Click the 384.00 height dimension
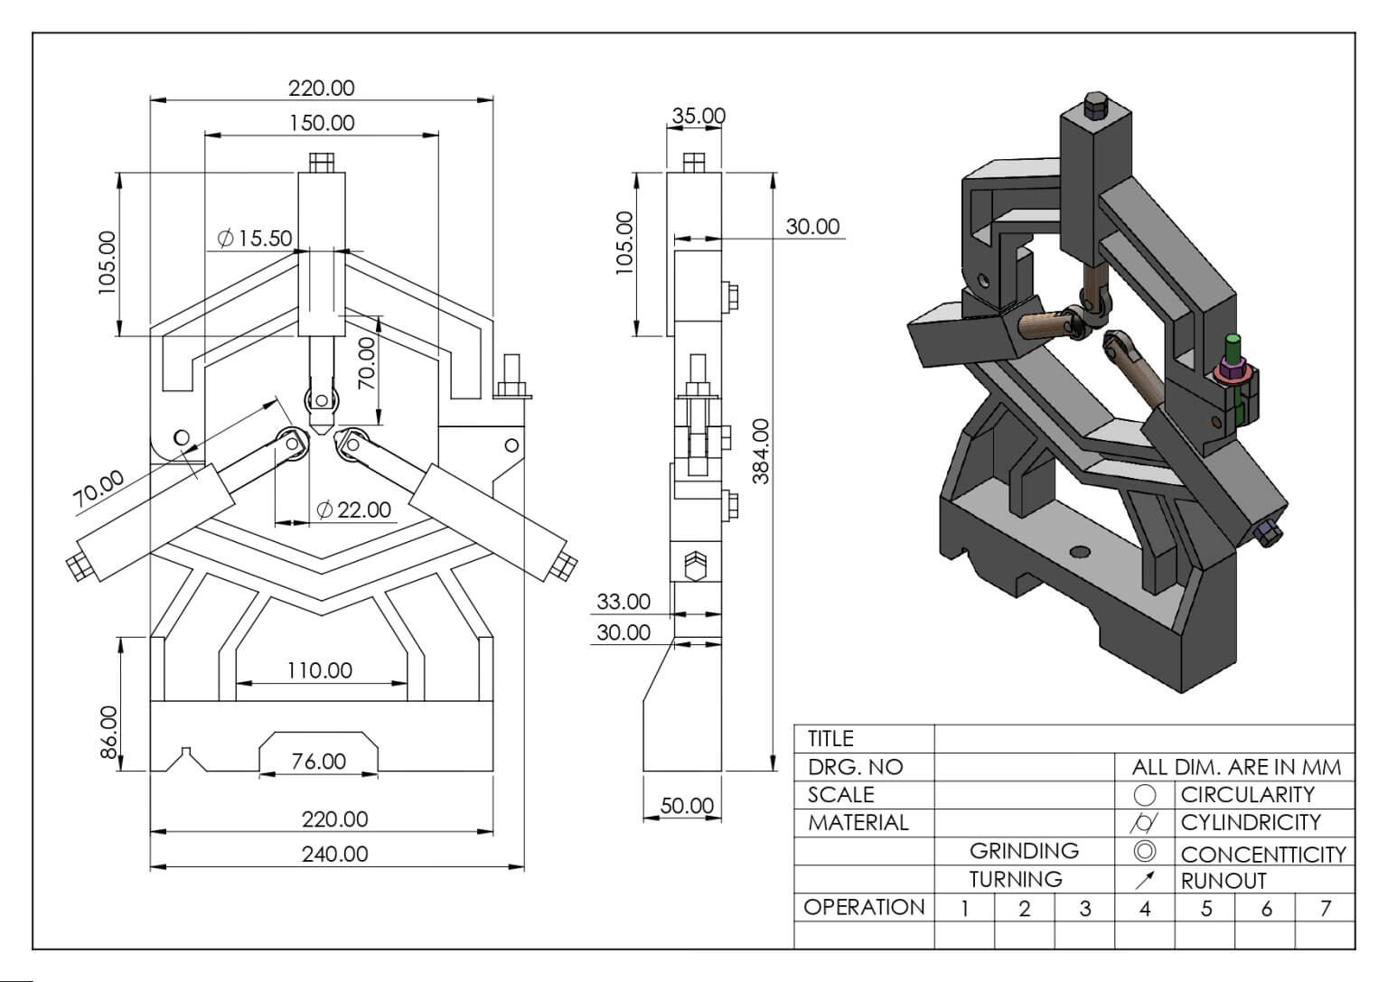(x=760, y=451)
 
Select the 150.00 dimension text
(x=322, y=123)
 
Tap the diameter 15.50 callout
(x=255, y=238)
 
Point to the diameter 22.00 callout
(x=354, y=510)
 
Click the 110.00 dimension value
(x=320, y=670)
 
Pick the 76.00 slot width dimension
(x=318, y=761)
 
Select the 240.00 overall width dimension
(x=334, y=855)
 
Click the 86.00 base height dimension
(x=108, y=733)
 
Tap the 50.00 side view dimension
(x=687, y=806)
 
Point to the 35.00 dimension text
(x=699, y=116)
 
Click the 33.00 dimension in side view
(x=624, y=601)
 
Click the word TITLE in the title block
(x=830, y=738)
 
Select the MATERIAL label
(x=858, y=823)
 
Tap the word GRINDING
(x=1024, y=851)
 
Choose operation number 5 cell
(x=1205, y=908)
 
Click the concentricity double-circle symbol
(x=1145, y=851)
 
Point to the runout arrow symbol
(x=1146, y=880)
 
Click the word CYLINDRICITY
(x=1251, y=822)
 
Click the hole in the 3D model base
(x=1080, y=551)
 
